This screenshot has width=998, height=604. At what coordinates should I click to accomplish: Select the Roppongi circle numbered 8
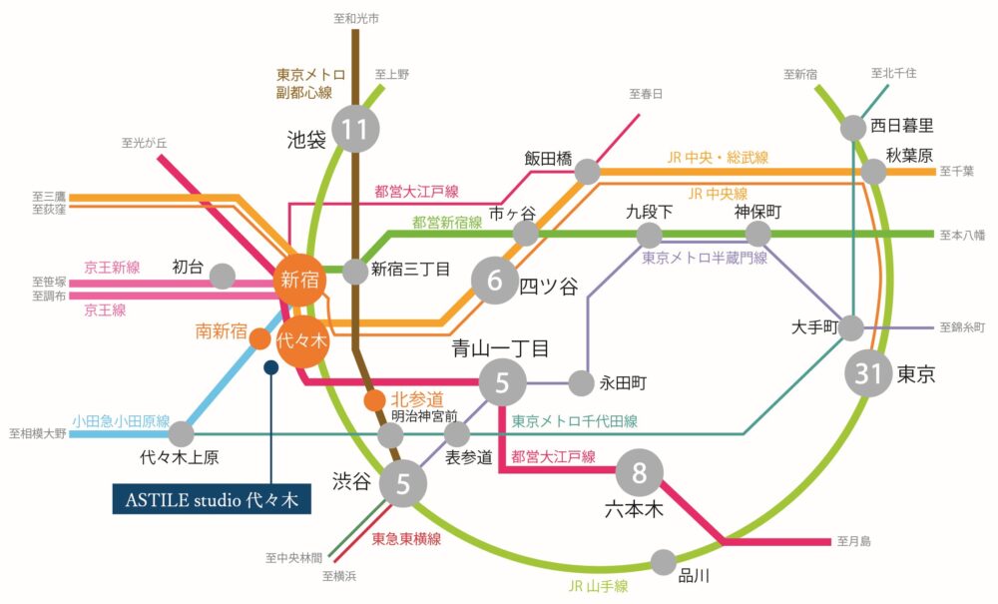coord(640,472)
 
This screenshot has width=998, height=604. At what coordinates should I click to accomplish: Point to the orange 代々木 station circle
coord(302,340)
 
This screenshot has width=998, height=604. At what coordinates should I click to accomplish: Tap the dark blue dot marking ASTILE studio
coord(269,367)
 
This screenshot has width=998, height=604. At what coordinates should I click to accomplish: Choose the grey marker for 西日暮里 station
coord(853,127)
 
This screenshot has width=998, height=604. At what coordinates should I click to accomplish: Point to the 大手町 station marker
coord(851,327)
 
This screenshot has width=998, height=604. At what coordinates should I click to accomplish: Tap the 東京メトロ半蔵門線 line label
coord(705,258)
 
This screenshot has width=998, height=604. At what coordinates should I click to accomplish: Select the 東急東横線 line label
coord(403,538)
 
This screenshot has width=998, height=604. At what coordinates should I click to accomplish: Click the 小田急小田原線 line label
coord(121,419)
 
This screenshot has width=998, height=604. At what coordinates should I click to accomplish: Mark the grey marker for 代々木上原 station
coord(181,434)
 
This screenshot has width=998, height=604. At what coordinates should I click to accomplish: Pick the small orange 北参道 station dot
coord(373,400)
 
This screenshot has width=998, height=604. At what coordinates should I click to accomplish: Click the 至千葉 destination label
coord(955,172)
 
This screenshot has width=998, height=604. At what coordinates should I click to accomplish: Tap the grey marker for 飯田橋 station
coord(588,172)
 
